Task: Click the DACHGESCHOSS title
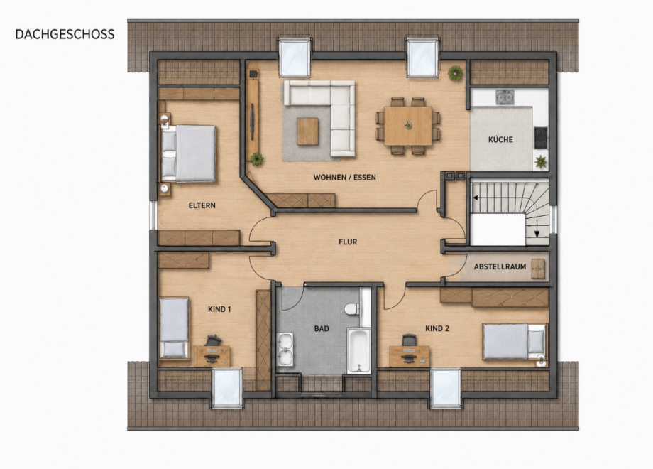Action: click(65, 34)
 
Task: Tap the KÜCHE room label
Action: click(500, 140)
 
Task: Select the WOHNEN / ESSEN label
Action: click(344, 178)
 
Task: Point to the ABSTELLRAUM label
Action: click(500, 266)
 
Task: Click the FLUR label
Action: click(348, 242)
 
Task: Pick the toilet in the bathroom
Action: click(352, 309)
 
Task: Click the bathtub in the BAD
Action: click(358, 350)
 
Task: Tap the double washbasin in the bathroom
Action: click(285, 350)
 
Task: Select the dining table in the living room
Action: click(407, 126)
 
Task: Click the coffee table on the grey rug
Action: click(308, 131)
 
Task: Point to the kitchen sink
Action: click(505, 97)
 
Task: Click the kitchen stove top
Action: click(541, 138)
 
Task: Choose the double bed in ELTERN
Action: click(188, 153)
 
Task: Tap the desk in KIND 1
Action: click(212, 356)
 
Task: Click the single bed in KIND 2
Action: click(515, 341)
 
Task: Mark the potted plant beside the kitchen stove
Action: click(541, 162)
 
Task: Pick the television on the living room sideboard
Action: click(252, 122)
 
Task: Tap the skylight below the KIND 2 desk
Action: click(446, 388)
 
